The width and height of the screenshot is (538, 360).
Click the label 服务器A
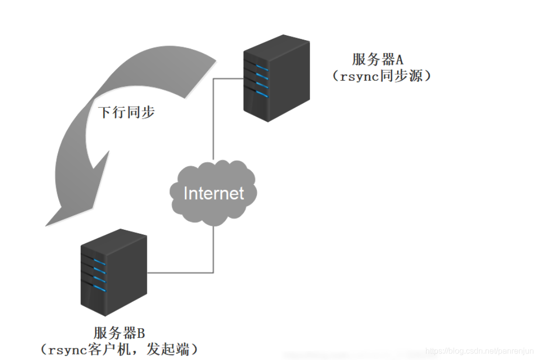pos(377,60)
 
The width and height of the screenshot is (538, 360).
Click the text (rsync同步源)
pos(381,76)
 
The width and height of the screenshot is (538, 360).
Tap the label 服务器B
pos(119,332)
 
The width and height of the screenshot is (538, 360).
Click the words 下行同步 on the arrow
pos(126,112)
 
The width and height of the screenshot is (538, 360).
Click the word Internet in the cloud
pos(214,193)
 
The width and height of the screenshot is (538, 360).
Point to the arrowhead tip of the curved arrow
pos(47,225)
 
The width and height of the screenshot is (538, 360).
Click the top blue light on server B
pos(100,263)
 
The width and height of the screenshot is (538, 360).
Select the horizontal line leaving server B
pos(180,273)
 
